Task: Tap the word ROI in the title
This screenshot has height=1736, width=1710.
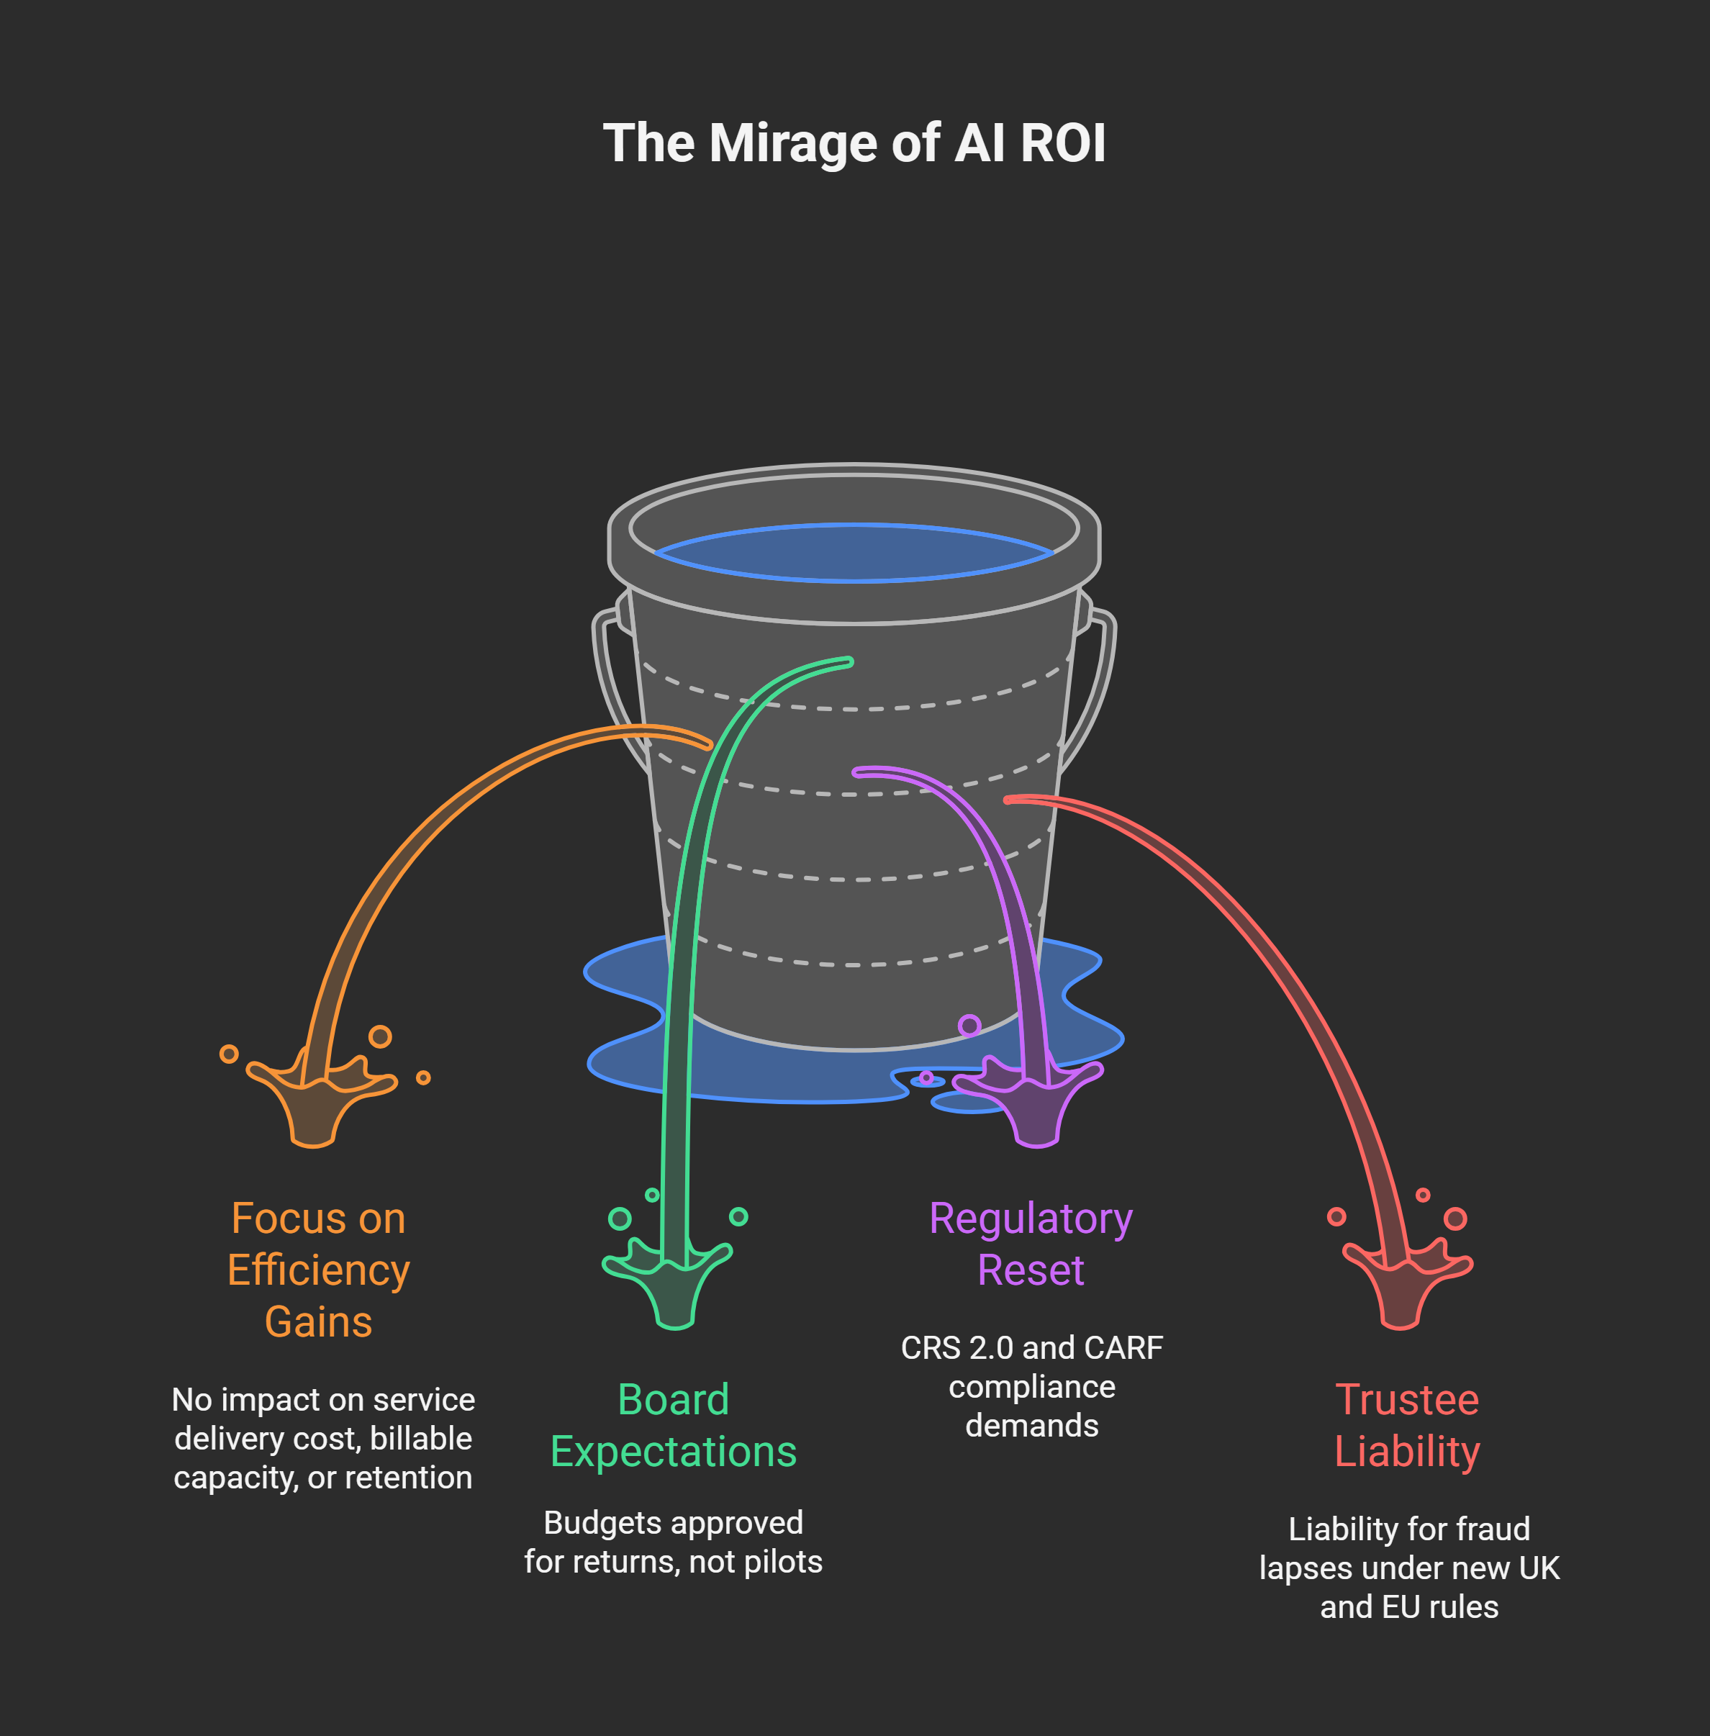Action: click(1062, 144)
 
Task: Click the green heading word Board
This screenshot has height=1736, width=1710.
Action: click(673, 1399)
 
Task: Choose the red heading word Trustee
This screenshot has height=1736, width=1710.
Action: click(1406, 1399)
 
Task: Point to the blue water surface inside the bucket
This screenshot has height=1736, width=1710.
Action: click(854, 552)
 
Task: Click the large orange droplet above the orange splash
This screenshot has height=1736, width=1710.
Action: click(380, 1036)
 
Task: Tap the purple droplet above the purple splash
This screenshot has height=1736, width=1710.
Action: click(969, 1026)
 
